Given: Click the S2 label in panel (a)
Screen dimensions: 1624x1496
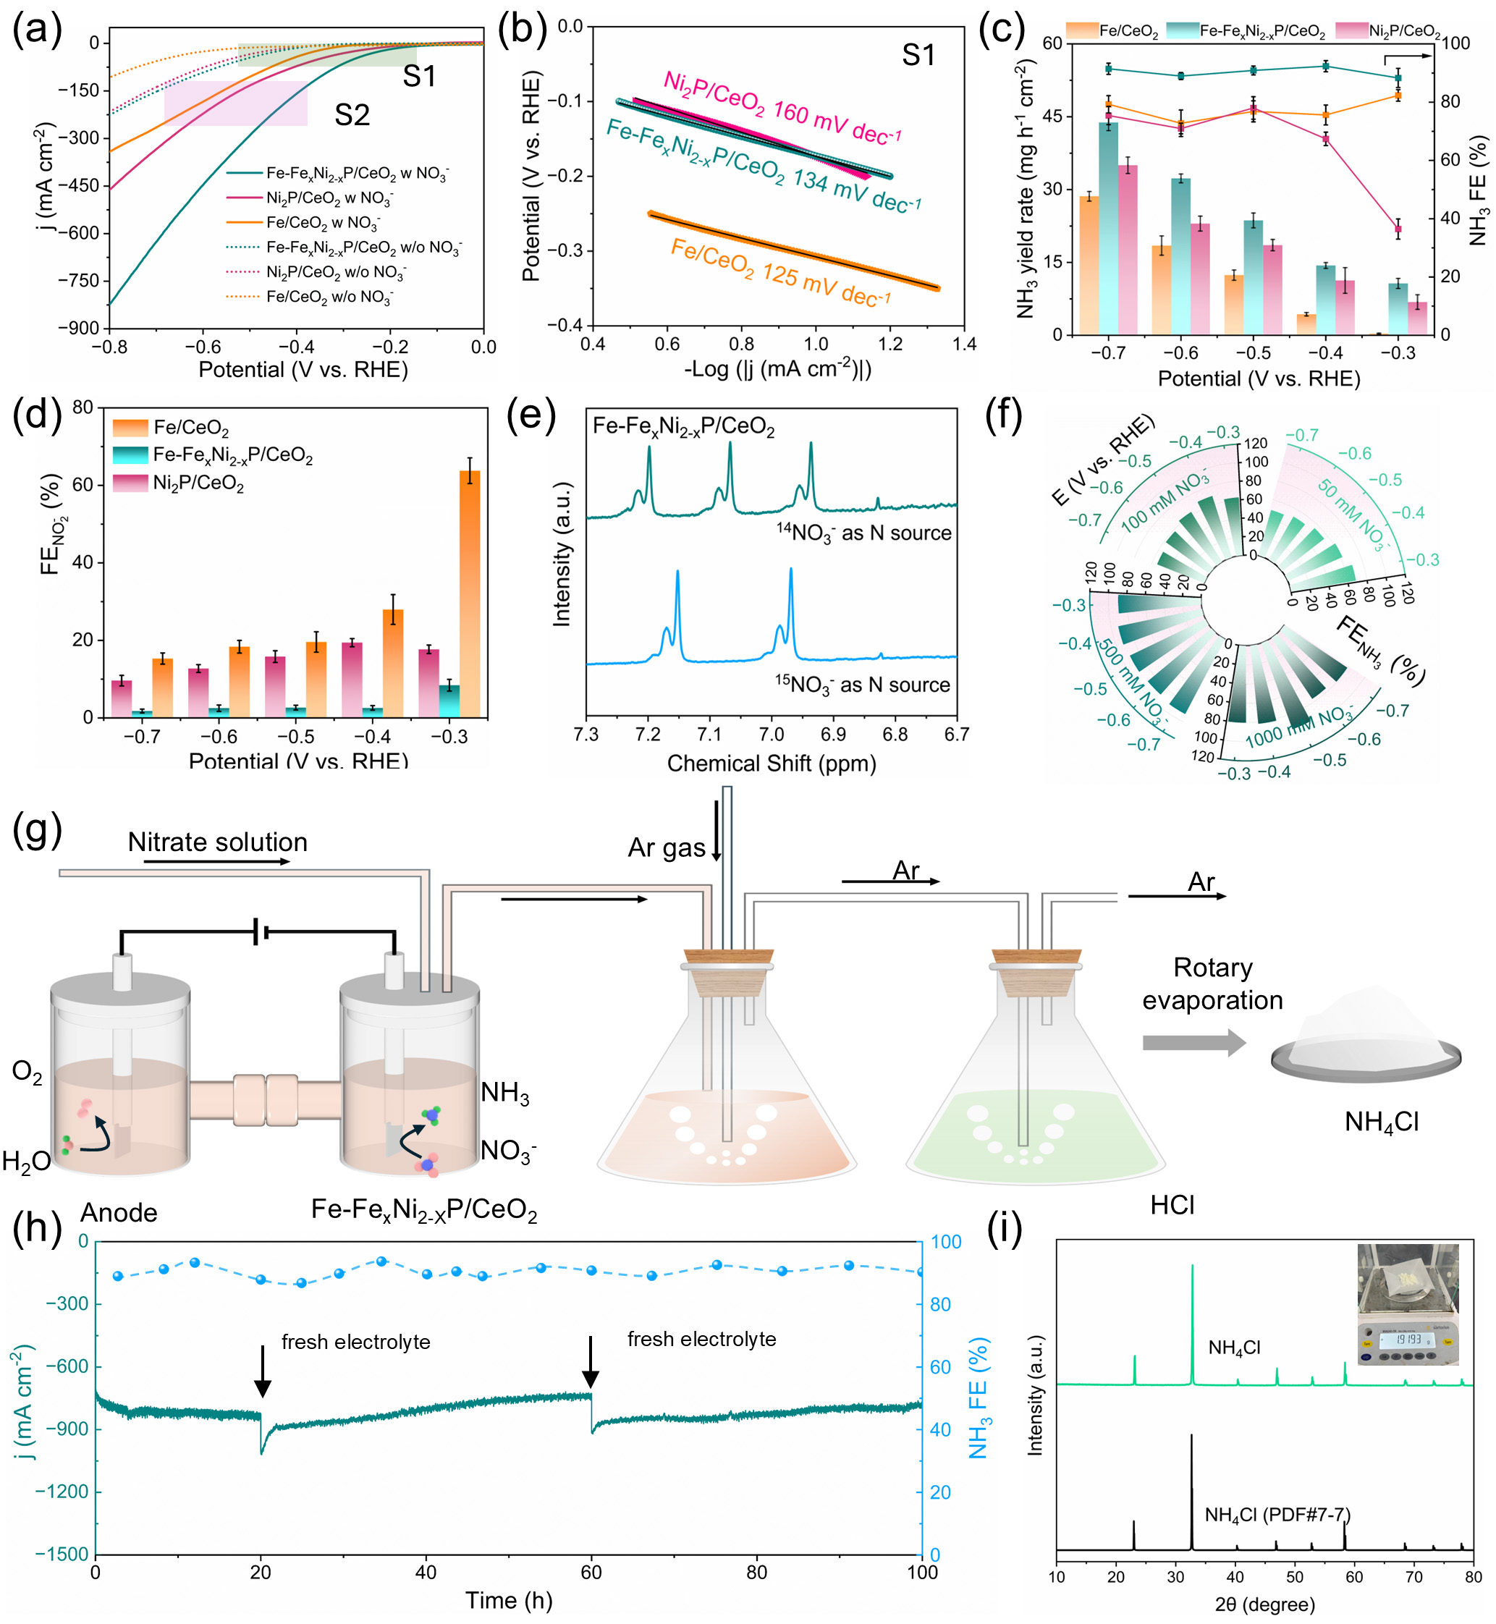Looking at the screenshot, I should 352,116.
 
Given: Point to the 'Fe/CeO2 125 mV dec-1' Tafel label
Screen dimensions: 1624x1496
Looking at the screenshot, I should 780,272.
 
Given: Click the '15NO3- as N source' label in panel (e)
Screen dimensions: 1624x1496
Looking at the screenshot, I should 862,685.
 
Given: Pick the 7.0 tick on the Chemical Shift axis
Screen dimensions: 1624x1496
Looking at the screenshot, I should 772,735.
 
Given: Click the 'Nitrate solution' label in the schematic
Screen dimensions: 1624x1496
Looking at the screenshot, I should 218,842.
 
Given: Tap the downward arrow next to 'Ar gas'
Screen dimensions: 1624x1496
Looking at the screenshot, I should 717,830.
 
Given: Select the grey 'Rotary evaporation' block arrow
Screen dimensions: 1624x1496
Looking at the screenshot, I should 1194,1043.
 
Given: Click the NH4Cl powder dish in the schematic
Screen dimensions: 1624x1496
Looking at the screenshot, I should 1366,1051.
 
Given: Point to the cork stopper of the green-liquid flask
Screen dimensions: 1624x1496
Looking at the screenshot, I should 1037,971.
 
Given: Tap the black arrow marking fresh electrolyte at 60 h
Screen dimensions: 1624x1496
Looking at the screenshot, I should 591,1363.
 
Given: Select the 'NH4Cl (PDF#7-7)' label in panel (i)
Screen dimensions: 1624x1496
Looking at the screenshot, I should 1277,1515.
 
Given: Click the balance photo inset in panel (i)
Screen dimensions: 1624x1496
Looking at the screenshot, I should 1408,1304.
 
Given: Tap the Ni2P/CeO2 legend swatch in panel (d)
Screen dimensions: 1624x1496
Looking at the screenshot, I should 130,483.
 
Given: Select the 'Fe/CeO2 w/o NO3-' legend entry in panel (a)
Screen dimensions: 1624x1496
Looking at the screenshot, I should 329,297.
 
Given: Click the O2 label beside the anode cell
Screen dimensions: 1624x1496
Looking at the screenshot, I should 27,1072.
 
